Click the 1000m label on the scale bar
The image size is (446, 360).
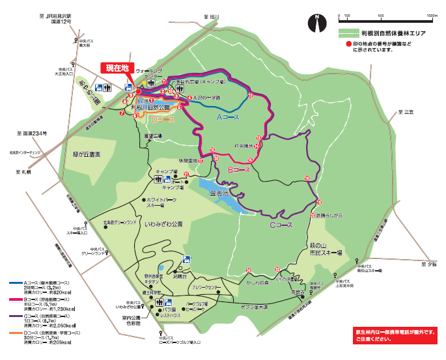(x=432, y=14)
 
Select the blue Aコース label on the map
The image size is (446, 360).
(x=228, y=117)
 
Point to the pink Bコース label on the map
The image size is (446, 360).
(x=239, y=169)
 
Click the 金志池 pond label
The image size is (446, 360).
(x=218, y=195)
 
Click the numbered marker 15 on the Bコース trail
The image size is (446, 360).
(x=249, y=159)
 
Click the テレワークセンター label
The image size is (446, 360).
(x=208, y=288)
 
